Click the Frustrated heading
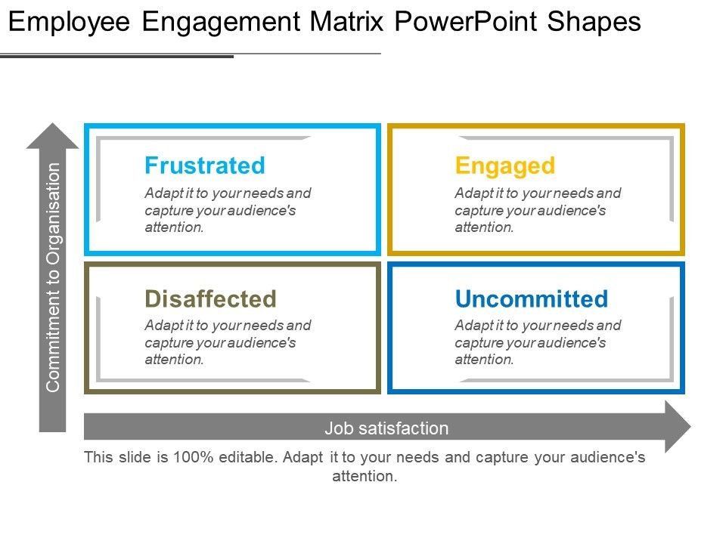205,165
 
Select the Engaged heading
504,166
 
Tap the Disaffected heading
211,299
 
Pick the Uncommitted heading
532,299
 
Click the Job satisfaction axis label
386,428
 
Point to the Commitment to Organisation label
53,277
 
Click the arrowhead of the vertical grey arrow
53,135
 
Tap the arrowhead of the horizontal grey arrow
678,426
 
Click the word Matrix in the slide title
347,22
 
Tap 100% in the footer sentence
193,457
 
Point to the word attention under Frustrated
174,227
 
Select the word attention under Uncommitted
484,360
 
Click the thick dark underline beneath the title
116,57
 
